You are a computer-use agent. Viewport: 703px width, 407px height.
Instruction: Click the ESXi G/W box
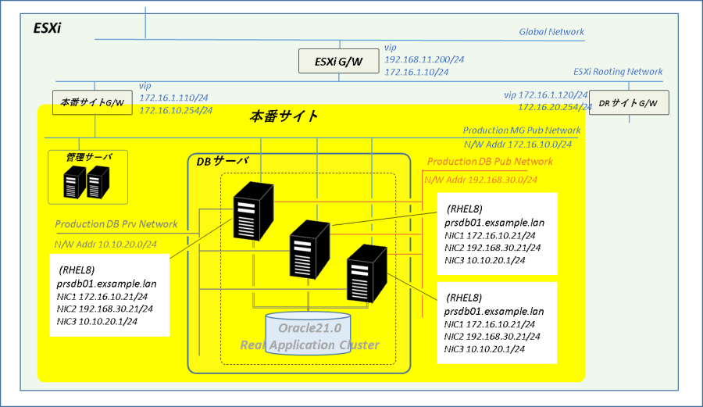(x=338, y=61)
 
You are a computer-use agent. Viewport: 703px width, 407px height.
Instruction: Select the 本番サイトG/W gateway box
(x=92, y=102)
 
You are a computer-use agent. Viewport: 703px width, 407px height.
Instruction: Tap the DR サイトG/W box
(x=629, y=102)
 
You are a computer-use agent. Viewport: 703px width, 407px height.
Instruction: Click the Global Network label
(x=551, y=32)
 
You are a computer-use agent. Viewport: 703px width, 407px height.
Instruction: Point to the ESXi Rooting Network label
(x=618, y=72)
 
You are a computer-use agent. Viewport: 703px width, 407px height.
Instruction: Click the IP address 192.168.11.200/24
(x=424, y=59)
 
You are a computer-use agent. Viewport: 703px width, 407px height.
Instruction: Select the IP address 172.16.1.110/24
(x=173, y=98)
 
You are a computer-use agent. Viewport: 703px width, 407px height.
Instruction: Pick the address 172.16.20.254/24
(x=555, y=107)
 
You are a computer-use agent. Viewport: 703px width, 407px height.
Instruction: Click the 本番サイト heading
(x=284, y=116)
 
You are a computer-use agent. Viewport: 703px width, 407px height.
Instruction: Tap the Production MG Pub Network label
(x=522, y=130)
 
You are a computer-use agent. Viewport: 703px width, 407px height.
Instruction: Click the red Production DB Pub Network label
(x=490, y=162)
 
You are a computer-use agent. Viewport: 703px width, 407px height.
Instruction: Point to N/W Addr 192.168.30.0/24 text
(x=480, y=180)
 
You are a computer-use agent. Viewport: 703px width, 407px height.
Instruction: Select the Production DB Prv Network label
(x=116, y=224)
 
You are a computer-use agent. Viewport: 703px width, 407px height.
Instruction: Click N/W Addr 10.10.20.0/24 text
(x=105, y=245)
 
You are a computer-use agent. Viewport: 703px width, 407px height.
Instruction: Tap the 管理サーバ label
(x=89, y=157)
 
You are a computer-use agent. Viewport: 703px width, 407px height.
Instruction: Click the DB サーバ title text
(x=223, y=161)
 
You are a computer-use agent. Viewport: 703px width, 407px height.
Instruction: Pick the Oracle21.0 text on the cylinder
(x=310, y=328)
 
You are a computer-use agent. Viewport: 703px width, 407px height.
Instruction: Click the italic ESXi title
(x=47, y=28)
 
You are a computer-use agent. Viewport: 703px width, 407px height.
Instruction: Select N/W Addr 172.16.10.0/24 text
(x=518, y=145)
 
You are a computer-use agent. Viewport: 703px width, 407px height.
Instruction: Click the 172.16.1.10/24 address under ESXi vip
(x=416, y=72)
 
